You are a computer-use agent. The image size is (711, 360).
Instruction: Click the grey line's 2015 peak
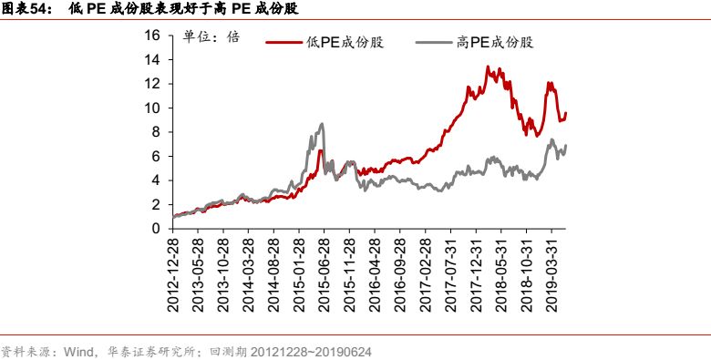322,124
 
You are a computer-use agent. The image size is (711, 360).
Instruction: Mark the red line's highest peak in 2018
489,67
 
